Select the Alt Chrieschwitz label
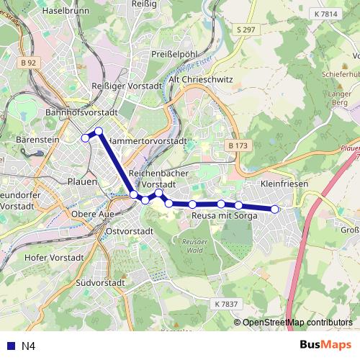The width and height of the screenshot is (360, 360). coord(200,80)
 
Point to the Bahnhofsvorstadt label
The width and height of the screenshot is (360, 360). coord(81,113)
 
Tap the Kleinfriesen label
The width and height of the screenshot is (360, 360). coord(285,184)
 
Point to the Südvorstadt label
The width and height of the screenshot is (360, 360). coord(100,283)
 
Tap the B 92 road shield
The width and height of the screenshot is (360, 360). coord(28,63)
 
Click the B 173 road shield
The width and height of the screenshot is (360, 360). coord(238,145)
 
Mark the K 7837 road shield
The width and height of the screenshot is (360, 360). coord(225,304)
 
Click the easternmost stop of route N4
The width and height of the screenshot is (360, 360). coord(274,209)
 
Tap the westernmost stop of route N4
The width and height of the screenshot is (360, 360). coord(85,138)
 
